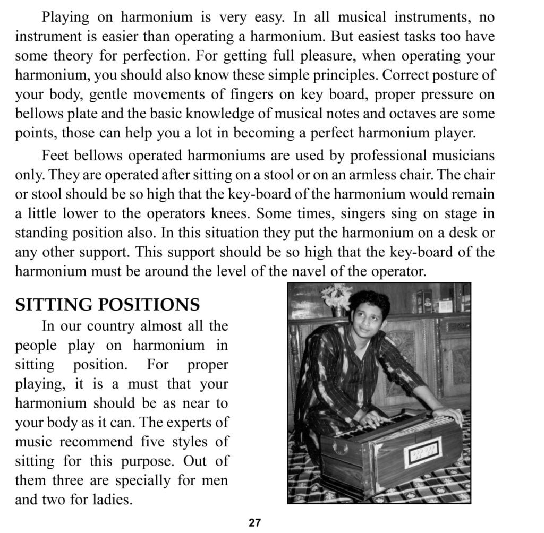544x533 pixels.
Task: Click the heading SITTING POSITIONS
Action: click(x=107, y=304)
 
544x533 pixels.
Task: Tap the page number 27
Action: click(x=255, y=522)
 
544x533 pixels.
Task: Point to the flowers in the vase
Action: click(x=336, y=295)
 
